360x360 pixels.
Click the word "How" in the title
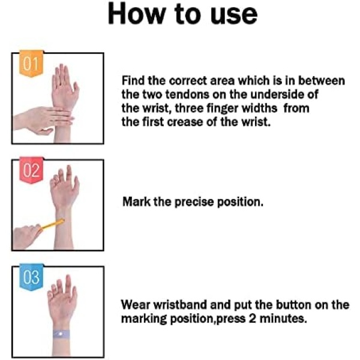coord(137,14)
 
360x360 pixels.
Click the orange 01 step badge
coord(31,64)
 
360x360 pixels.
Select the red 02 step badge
coord(31,170)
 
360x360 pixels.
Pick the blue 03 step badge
coord(31,277)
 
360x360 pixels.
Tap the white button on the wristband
coord(60,334)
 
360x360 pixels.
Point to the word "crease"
coord(185,122)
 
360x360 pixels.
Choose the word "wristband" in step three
coord(180,305)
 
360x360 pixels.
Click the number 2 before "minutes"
coord(253,319)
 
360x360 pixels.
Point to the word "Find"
coord(133,80)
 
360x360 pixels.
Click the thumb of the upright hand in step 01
coord(76,89)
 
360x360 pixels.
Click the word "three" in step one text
coord(189,108)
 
